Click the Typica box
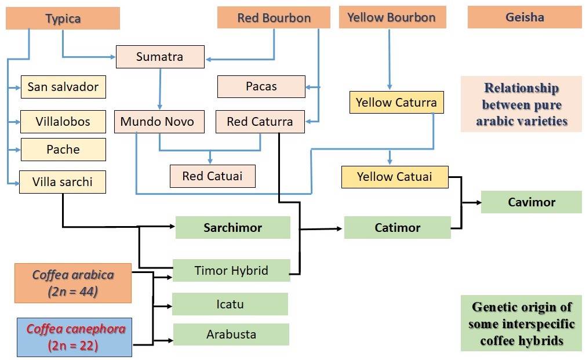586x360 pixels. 63,19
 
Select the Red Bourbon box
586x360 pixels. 274,17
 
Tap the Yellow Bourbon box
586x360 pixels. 392,17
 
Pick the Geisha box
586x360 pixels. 525,17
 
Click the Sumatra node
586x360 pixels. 160,56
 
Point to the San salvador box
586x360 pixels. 63,88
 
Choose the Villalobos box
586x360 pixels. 63,122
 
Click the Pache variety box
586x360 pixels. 63,150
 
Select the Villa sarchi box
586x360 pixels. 63,181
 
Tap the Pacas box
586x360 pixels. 261,86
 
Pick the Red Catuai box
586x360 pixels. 212,176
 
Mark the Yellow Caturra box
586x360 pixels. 397,103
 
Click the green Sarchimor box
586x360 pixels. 232,227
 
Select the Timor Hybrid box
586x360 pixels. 231,270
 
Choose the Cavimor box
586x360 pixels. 531,202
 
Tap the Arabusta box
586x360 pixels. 231,334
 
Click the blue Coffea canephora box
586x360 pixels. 74,337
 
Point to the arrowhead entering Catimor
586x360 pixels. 340,229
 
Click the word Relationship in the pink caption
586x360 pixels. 521,89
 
